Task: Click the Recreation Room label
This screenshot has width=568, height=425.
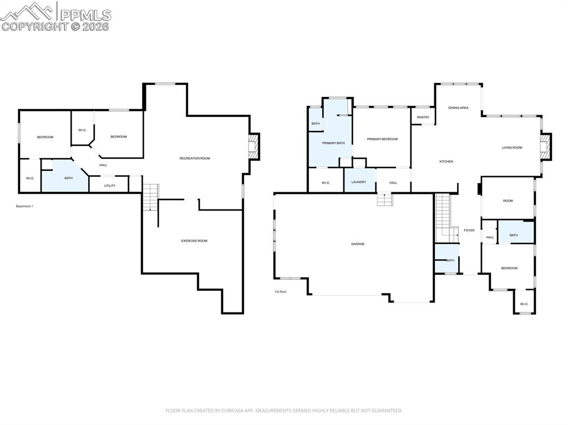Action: [x=195, y=158]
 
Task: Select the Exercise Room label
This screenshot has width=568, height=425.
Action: [x=194, y=240]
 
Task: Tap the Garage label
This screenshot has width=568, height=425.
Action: [x=358, y=244]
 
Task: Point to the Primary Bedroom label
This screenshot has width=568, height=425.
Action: [x=382, y=139]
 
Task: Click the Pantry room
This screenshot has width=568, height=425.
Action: [x=423, y=117]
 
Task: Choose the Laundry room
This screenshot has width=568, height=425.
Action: [x=359, y=182]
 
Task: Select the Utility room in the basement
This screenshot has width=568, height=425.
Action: [x=110, y=186]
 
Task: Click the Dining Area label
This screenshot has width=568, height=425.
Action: [x=458, y=107]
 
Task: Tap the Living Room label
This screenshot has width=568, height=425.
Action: [x=511, y=147]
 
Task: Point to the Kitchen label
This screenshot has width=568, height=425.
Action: [x=446, y=161]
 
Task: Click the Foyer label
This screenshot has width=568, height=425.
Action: [x=469, y=230]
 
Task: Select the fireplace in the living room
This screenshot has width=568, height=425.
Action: [x=547, y=147]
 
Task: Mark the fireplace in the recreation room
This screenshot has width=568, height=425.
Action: [x=254, y=147]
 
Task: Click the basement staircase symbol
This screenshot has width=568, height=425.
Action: [x=150, y=197]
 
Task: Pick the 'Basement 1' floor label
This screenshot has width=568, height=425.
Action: [x=24, y=206]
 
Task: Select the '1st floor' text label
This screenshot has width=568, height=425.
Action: [x=281, y=291]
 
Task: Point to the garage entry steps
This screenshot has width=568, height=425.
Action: [x=385, y=199]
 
